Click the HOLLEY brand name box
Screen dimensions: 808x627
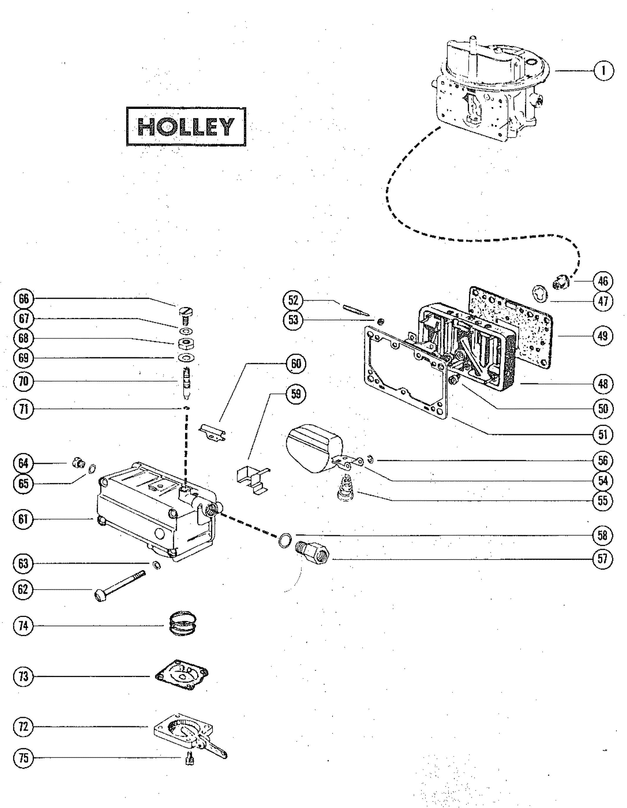186,127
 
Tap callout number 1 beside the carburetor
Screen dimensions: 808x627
603,70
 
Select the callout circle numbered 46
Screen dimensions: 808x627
603,281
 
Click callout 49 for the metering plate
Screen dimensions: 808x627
603,336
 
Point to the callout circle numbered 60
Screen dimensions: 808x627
296,364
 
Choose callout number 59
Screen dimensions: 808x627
296,394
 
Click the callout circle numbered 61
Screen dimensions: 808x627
23,520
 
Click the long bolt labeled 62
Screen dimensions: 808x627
118,586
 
